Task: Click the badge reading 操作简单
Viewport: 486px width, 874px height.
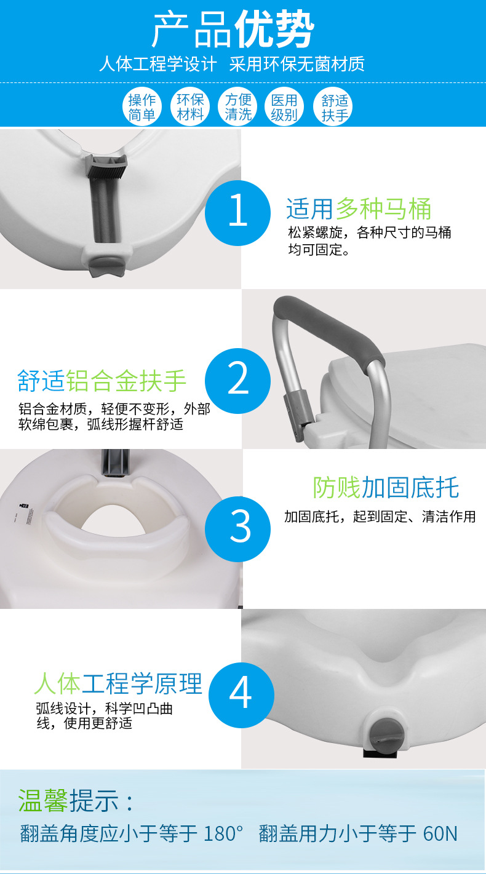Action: tap(142, 107)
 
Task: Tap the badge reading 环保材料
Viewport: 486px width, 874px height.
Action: tap(190, 107)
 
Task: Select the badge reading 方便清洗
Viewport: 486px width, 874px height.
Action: tap(237, 107)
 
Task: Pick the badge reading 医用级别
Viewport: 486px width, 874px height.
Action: tap(285, 107)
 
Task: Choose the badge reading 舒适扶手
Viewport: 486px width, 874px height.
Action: tap(333, 107)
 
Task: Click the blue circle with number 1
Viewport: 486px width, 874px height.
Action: tap(237, 213)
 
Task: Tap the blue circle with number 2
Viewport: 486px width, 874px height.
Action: tap(237, 381)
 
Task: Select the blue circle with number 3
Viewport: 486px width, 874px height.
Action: tap(237, 529)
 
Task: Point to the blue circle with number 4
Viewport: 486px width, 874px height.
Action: tap(241, 695)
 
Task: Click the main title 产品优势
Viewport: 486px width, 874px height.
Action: tap(233, 30)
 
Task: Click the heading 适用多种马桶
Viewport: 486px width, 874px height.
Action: tap(359, 209)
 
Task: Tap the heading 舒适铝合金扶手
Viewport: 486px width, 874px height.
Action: tap(102, 381)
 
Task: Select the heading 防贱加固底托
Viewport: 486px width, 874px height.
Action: tap(386, 488)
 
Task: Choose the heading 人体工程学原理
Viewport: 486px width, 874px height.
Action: tap(118, 683)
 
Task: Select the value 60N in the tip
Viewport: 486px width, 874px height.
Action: tap(440, 833)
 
